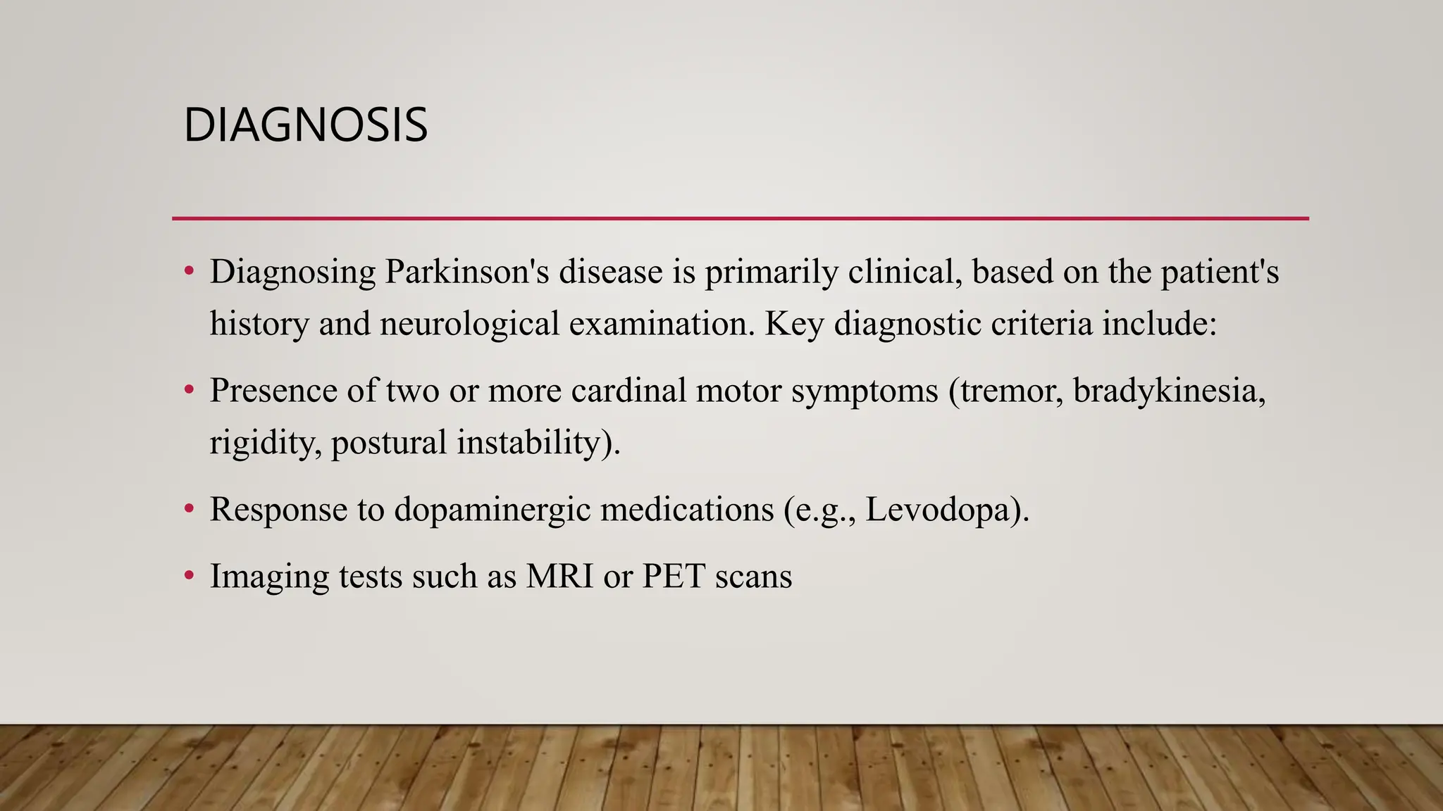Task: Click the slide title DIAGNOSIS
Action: coord(305,125)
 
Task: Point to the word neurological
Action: coord(469,324)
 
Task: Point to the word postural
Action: coord(389,443)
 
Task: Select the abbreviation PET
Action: coord(674,576)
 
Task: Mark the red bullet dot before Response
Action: coord(188,508)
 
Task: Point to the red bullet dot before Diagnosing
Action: coord(188,271)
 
